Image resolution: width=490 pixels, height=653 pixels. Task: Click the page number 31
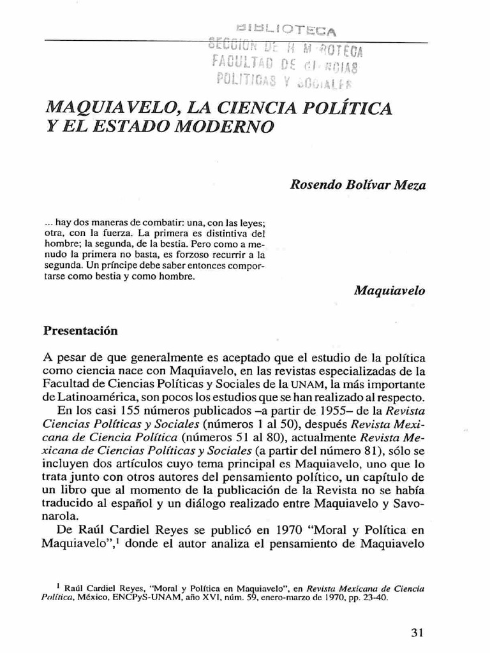pos(417,633)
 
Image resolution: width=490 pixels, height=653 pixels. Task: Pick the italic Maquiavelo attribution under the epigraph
pos(390,290)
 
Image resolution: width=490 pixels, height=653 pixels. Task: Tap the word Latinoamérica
pos(83,397)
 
